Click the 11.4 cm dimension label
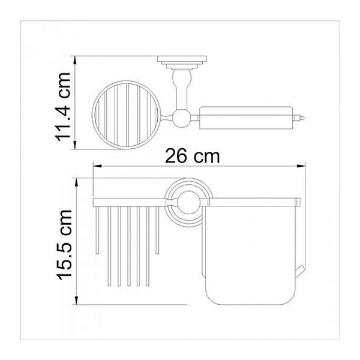click(62, 107)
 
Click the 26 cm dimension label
click(193, 156)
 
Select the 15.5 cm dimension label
click(65, 245)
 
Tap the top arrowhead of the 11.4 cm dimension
click(74, 61)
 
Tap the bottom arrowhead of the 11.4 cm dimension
click(74, 144)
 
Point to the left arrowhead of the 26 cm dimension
click(97, 166)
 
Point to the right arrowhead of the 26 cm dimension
click(301, 166)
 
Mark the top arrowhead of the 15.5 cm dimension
click(77, 183)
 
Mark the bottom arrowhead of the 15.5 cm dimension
click(77, 300)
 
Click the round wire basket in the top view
click(126, 115)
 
